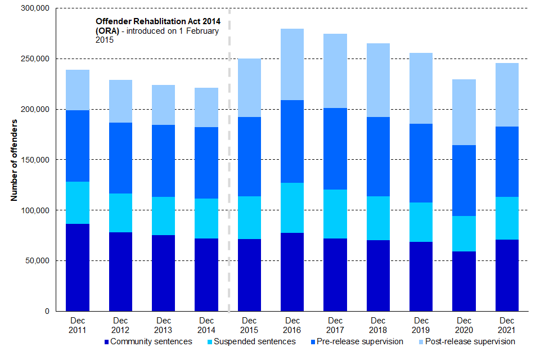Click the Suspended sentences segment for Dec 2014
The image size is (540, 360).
pos(206,218)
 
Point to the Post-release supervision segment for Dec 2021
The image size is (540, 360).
pos(506,94)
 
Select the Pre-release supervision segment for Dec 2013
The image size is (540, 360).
pos(164,161)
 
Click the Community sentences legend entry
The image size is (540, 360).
pos(148,341)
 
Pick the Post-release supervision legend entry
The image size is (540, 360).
pos(466,341)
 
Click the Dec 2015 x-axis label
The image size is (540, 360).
pos(249,325)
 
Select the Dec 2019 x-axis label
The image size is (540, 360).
pos(421,325)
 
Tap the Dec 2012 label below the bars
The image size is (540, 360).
pos(121,325)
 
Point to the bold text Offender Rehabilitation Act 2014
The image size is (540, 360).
pos(157,21)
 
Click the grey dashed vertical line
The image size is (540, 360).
pos(229,169)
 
